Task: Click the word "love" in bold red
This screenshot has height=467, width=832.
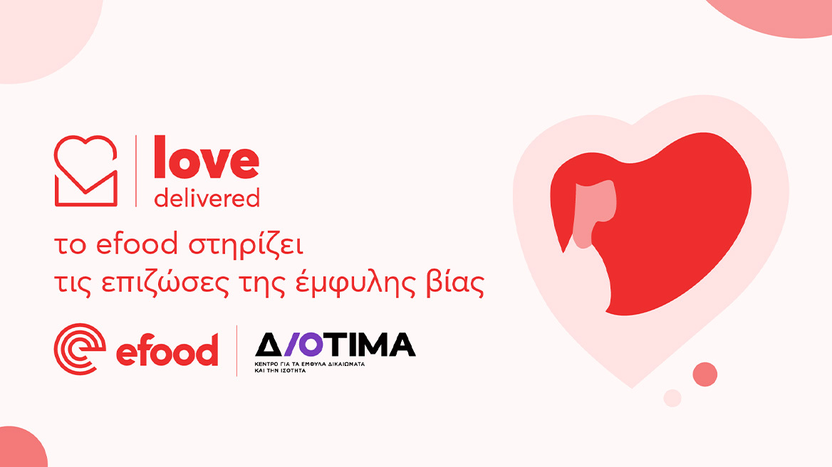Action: [207, 161]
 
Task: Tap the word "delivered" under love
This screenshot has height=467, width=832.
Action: [207, 197]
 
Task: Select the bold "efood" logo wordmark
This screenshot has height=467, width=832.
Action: [167, 351]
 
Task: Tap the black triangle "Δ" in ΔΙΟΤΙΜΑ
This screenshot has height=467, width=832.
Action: [270, 345]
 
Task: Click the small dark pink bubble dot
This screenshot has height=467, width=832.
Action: [704, 374]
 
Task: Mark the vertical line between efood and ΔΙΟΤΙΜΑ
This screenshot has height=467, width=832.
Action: [236, 350]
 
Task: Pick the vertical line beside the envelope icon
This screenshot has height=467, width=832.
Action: [136, 171]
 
